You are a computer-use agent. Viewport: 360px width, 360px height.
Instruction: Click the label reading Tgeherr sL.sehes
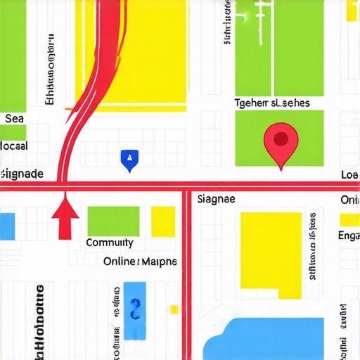[x=271, y=103]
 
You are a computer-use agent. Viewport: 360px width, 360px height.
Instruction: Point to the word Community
[x=109, y=243]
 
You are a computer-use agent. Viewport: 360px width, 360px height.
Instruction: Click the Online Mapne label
[x=140, y=262]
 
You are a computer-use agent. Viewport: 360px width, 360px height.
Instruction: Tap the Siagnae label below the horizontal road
[x=216, y=199]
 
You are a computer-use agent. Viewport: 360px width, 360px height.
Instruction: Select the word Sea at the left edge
[x=14, y=118]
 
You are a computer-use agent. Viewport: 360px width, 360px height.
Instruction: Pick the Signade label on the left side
[x=22, y=174]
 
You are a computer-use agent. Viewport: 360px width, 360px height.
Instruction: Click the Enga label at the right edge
[x=349, y=236]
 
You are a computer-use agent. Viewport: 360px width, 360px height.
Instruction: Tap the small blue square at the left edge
[x=6, y=226]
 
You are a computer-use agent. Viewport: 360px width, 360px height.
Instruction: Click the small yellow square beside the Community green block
[x=163, y=220]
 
